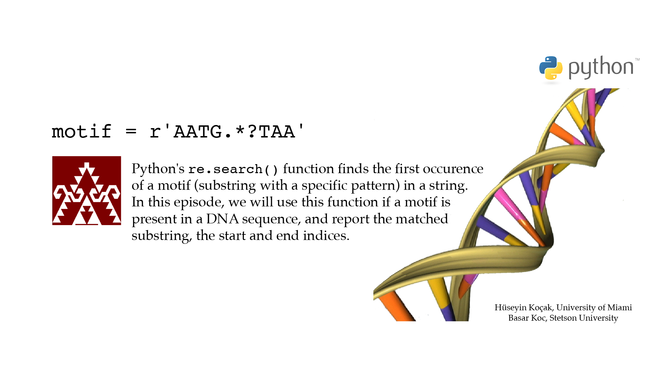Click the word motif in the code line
82,132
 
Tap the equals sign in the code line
131,132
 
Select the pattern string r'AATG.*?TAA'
227,131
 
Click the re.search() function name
233,169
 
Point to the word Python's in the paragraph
158,169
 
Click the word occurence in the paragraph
453,169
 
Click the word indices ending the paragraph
326,235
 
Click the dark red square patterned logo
87,190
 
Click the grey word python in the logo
601,68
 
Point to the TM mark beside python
637,60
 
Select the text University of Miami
594,308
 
